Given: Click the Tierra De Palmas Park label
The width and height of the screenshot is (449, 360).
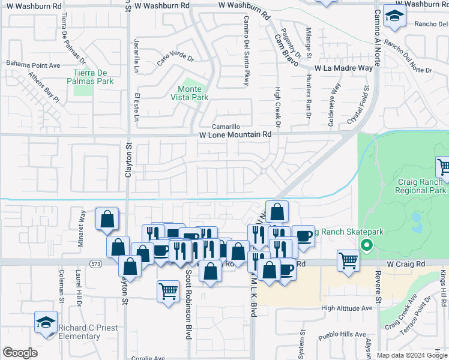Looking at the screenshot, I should [89, 77].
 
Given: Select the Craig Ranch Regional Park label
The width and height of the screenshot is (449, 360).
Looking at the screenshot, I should [421, 185].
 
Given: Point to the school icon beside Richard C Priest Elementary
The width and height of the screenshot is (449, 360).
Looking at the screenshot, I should [46, 322].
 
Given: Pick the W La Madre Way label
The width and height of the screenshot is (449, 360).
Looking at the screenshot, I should [343, 68].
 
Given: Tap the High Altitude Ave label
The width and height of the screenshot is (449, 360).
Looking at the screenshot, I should [347, 308].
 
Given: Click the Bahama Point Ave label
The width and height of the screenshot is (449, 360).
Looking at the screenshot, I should [34, 64].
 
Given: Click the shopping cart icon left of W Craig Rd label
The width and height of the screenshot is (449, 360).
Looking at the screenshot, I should [349, 261].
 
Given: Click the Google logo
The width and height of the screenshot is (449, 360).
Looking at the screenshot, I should [20, 353].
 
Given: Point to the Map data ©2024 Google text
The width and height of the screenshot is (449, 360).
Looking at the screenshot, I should [412, 355].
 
